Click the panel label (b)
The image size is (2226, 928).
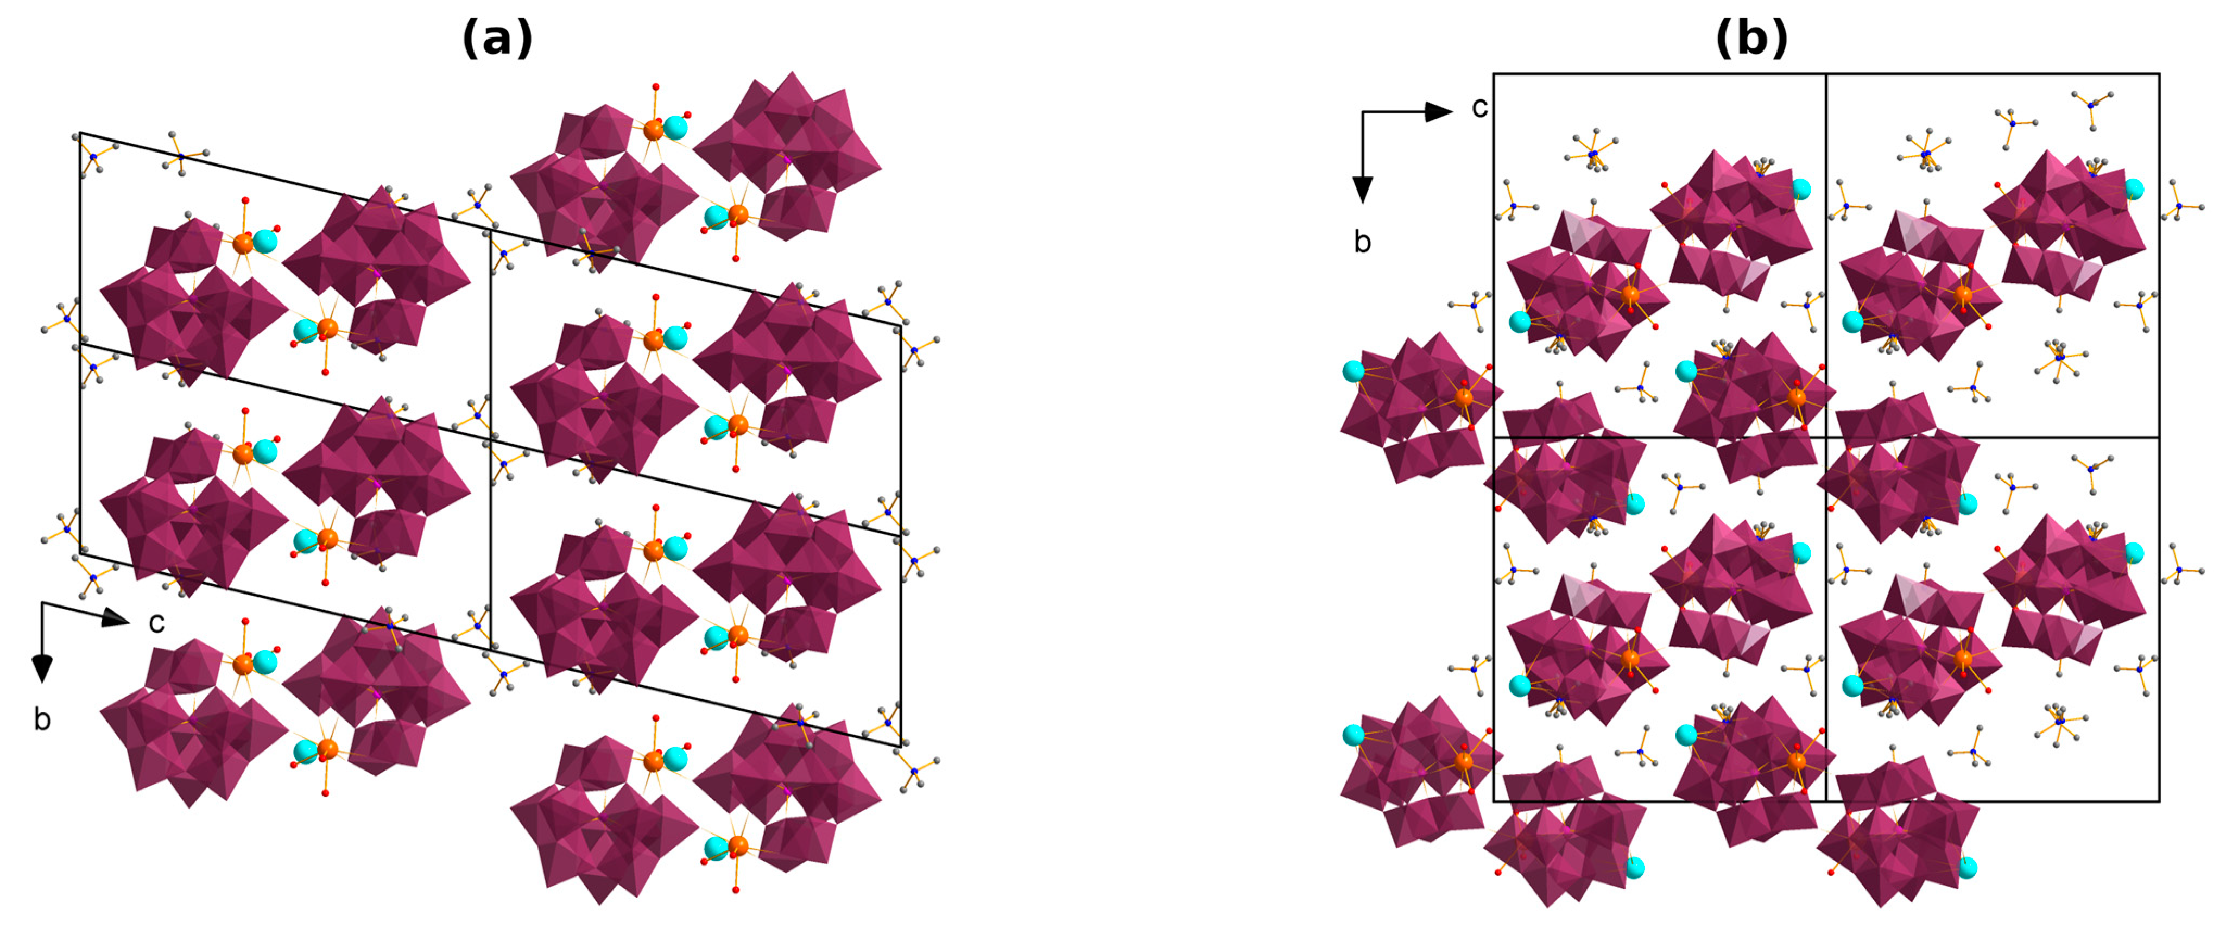[x=1751, y=40]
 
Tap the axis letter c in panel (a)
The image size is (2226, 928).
[x=156, y=622]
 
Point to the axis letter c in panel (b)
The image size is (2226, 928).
[x=1479, y=107]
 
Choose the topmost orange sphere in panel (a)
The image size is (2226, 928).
[x=653, y=130]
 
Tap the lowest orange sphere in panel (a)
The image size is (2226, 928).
[x=737, y=846]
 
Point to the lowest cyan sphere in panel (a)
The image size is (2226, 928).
[x=716, y=849]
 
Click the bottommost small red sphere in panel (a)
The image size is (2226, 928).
[x=735, y=889]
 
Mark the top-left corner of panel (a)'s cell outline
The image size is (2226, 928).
[x=80, y=133]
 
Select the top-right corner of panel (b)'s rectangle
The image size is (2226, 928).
[x=2159, y=74]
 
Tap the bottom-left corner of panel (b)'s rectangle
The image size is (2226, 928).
[x=1494, y=801]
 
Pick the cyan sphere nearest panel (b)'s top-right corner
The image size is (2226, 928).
[x=2134, y=188]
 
